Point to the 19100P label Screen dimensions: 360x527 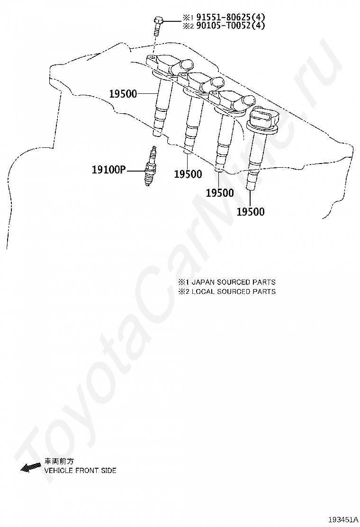click(x=108, y=169)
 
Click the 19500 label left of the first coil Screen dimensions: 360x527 click(x=123, y=94)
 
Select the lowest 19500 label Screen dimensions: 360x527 click(x=251, y=212)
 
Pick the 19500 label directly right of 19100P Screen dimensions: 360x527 click(x=188, y=174)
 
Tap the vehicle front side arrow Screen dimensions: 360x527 click(x=31, y=467)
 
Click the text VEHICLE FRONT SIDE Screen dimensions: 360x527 click(x=80, y=471)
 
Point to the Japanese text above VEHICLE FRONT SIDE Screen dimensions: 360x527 click(x=59, y=461)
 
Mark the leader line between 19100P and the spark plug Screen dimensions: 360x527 click(x=137, y=169)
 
